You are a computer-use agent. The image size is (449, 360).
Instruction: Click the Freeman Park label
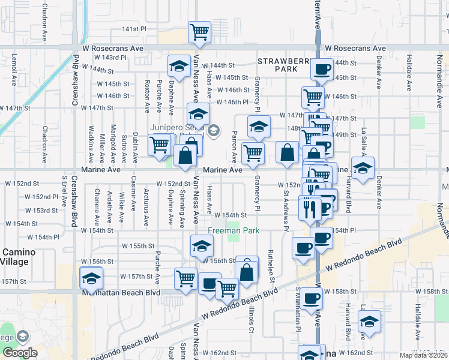(233, 230)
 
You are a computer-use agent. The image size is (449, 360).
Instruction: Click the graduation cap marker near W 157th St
(91, 278)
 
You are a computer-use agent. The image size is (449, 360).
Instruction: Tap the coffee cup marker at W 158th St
(311, 298)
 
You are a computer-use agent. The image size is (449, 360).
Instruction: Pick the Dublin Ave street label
(135, 147)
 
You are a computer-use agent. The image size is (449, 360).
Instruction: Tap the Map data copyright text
(423, 355)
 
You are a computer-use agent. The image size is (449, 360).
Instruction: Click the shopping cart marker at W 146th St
(312, 96)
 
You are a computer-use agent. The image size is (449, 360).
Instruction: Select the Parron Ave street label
(234, 146)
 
